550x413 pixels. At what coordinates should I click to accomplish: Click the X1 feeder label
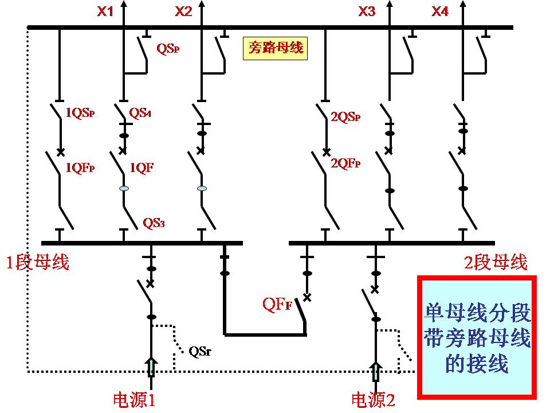click(105, 11)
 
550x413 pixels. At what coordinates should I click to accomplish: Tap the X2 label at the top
click(183, 11)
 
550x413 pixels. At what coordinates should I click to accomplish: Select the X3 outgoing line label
click(367, 11)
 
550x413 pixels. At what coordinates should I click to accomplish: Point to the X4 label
click(440, 11)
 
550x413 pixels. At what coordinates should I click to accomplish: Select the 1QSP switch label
click(80, 113)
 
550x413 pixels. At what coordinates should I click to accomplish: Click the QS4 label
click(140, 113)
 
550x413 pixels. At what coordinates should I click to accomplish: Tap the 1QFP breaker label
click(80, 167)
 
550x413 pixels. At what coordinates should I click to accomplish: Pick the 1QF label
click(142, 167)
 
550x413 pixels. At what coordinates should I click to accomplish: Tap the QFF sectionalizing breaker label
click(277, 305)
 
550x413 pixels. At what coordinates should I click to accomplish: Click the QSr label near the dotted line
click(199, 351)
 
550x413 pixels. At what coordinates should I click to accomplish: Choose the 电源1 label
click(135, 399)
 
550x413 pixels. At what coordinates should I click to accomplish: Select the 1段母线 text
click(38, 263)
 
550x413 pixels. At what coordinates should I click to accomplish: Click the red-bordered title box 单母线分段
click(478, 337)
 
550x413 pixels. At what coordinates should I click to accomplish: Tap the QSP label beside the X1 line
click(169, 48)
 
